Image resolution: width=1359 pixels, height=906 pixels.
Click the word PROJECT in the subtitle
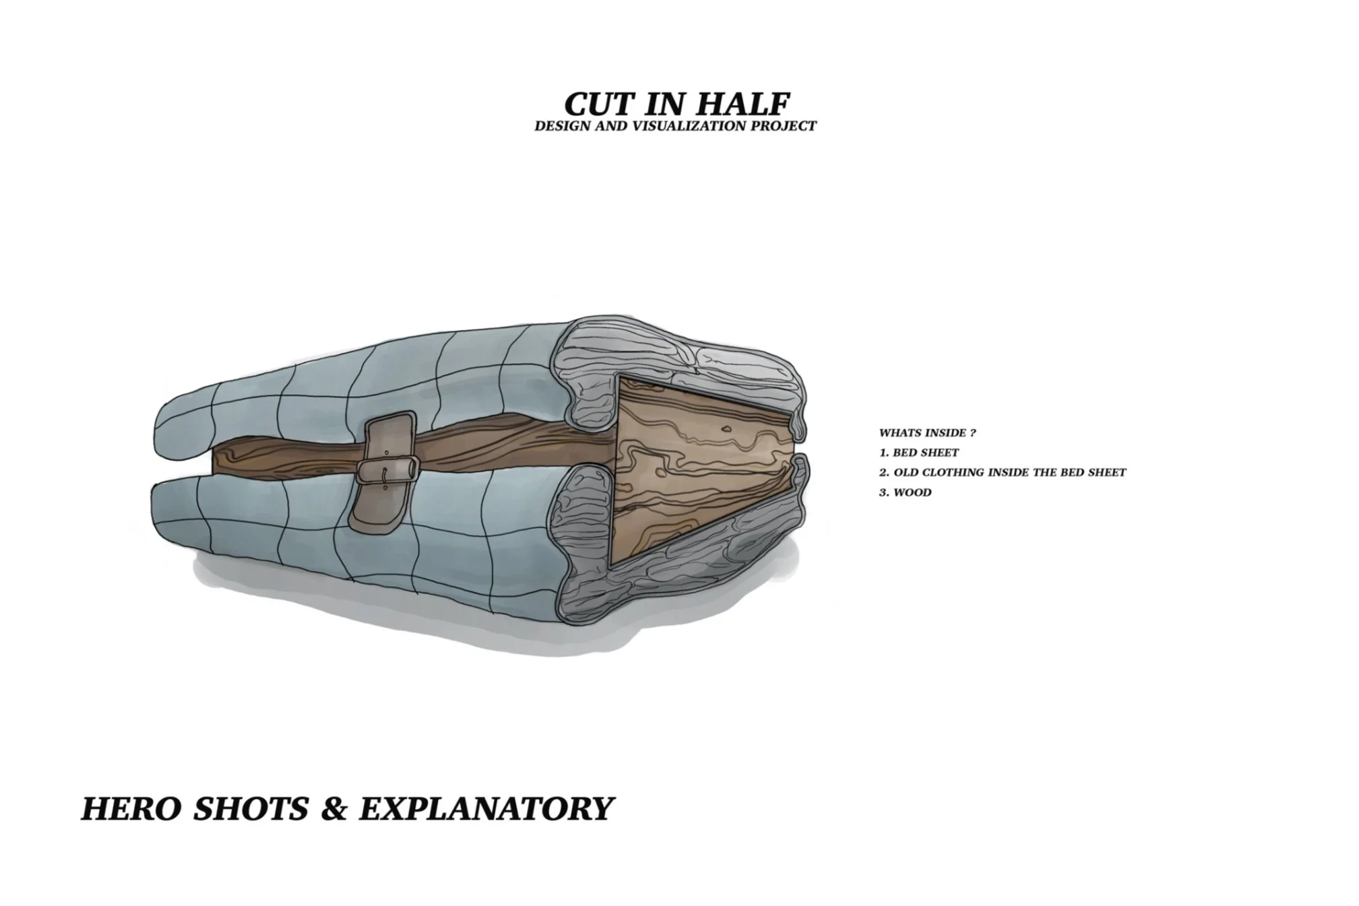[788, 126]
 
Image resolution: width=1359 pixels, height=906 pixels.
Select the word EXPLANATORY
[486, 808]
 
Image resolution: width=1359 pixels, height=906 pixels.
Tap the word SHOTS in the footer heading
[251, 808]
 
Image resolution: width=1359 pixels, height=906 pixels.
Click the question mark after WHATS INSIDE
[973, 433]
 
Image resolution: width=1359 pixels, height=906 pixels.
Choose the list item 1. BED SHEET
[918, 453]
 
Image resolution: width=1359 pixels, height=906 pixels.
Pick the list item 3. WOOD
[905, 492]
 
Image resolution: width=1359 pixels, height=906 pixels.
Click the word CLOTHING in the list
[953, 473]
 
